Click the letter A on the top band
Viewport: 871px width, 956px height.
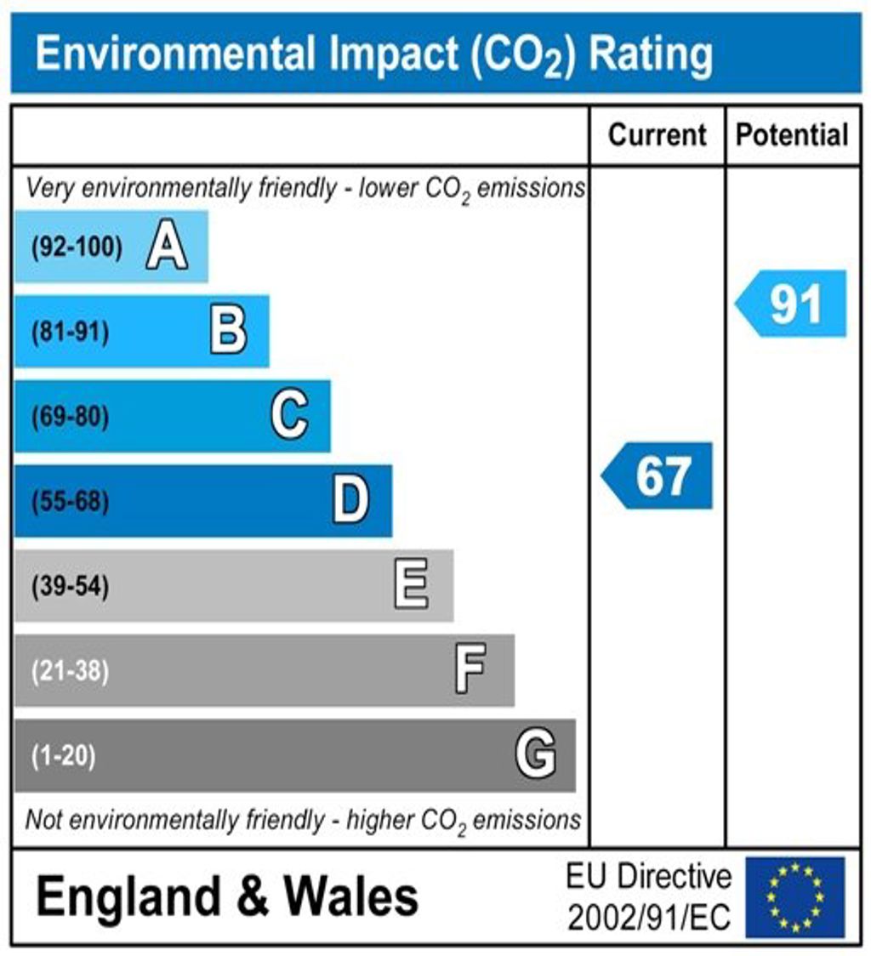(x=167, y=248)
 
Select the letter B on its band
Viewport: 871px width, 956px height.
(x=228, y=332)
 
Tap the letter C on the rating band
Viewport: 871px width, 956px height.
(x=289, y=417)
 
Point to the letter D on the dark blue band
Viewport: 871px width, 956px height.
(x=350, y=501)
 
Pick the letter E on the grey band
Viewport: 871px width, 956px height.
(x=412, y=586)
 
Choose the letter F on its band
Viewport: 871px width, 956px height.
(x=470, y=670)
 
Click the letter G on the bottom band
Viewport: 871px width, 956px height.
(x=535, y=755)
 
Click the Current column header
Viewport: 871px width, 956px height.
(x=658, y=135)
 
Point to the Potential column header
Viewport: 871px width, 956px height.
(x=792, y=135)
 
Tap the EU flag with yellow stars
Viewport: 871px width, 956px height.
(x=794, y=896)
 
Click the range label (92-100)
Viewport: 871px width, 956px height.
(x=77, y=248)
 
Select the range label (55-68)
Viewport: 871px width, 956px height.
(x=71, y=502)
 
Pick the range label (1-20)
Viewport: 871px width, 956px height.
(x=64, y=756)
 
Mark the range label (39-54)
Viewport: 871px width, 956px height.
(x=71, y=587)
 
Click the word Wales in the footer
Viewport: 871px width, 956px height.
(x=350, y=897)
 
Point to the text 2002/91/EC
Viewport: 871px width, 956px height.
(x=649, y=918)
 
